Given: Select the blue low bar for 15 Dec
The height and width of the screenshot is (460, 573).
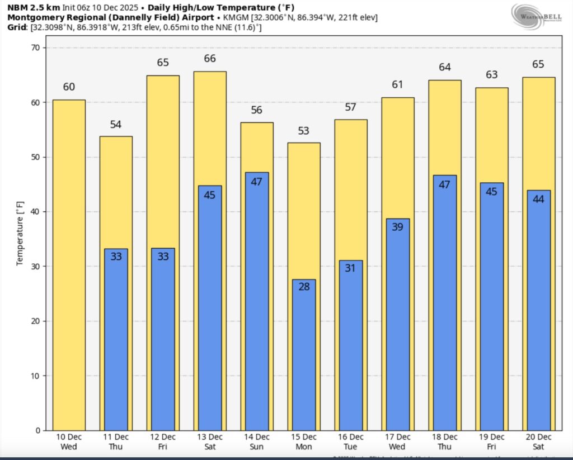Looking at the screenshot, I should pos(304,358).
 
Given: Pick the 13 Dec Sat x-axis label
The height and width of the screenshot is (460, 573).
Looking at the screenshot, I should pos(210,441).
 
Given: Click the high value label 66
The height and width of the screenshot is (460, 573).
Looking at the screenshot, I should pos(210,59).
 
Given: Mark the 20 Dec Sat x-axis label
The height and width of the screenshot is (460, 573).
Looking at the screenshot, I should pos(538,441).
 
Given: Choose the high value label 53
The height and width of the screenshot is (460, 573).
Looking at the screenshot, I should pos(304,131).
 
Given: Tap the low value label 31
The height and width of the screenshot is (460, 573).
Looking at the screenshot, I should pos(351,268).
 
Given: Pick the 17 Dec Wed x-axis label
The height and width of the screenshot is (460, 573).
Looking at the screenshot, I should pos(397,441).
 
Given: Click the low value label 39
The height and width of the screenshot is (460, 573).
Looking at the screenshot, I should pos(397,227).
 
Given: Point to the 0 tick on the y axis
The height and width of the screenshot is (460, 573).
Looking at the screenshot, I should pos(38,430).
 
